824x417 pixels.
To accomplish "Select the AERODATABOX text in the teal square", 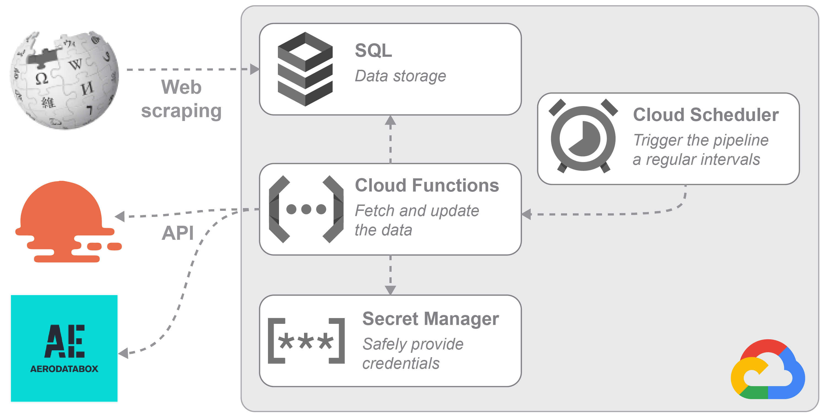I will pos(64,369).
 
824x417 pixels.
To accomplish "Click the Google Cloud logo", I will pos(768,371).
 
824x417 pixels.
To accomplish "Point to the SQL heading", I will pos(373,50).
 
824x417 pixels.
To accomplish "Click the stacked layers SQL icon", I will pos(305,69).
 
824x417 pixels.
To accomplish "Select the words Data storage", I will pos(400,76).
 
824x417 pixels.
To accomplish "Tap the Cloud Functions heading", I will pos(427,185).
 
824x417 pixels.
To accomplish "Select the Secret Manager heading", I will pos(430,319).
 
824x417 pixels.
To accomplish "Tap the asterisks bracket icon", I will pos(306,341).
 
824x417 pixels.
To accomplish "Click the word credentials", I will pos(401,364).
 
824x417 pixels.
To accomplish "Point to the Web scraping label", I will pos(181,99).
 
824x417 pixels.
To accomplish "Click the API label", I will pos(178,233).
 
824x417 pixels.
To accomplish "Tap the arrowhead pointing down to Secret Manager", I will pos(390,290).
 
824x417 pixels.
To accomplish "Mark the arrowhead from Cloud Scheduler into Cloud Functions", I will pos(527,214).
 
